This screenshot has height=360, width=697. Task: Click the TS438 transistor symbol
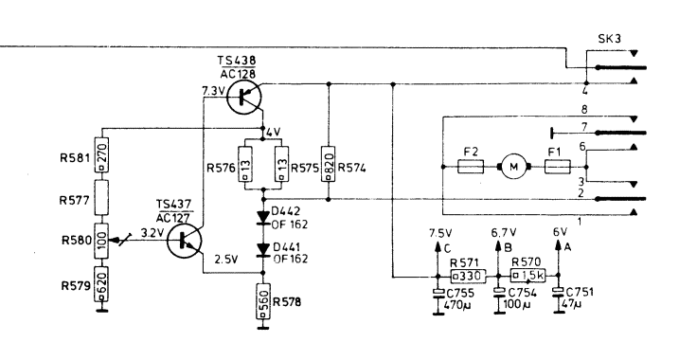244,97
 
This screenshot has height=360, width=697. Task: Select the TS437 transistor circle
185,241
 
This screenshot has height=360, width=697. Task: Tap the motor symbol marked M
514,167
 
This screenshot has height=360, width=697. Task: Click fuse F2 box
471,167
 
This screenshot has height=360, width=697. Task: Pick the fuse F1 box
557,167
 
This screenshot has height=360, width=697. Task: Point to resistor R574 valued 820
329,164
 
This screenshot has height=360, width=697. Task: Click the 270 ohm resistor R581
101,155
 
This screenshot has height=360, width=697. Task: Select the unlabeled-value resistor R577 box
101,198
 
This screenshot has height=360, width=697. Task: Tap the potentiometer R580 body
101,241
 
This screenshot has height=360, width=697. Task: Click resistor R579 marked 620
101,284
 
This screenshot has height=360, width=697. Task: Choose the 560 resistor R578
262,301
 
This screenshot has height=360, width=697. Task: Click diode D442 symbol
263,218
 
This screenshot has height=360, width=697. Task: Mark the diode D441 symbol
263,250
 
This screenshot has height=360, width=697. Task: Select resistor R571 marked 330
468,276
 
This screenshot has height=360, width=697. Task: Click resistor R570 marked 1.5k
527,276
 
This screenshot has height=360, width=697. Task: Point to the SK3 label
610,39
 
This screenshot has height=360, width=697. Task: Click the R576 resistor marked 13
244,164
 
